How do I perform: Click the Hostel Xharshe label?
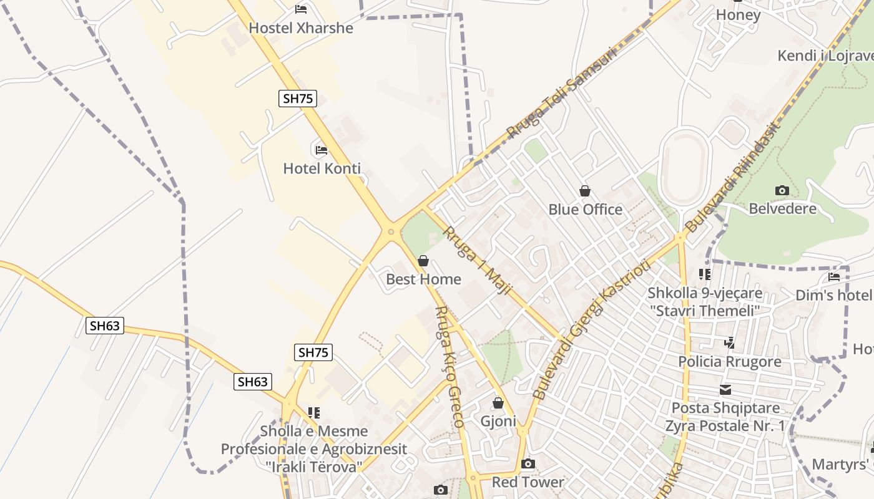[x=301, y=28]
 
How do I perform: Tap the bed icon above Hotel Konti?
[x=322, y=150]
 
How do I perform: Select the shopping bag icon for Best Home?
[x=423, y=261]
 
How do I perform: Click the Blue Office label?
[x=585, y=210]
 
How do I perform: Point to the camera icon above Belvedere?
[x=782, y=190]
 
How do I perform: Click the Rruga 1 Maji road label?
[x=477, y=261]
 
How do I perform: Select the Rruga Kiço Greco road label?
[x=448, y=366]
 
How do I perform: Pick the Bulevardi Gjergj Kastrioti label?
[x=592, y=329]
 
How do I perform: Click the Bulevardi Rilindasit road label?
[x=733, y=177]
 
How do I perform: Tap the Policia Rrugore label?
[x=730, y=362]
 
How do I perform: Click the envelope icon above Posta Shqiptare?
[x=725, y=390]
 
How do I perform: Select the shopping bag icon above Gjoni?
[x=498, y=403]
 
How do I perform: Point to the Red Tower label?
[x=528, y=482]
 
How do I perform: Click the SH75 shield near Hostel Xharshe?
[x=298, y=98]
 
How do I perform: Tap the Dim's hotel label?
[x=833, y=295]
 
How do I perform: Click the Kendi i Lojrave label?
[x=825, y=56]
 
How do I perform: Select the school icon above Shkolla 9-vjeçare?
[x=705, y=274]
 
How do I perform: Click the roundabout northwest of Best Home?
[x=391, y=232]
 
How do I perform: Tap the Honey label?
[x=738, y=15]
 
